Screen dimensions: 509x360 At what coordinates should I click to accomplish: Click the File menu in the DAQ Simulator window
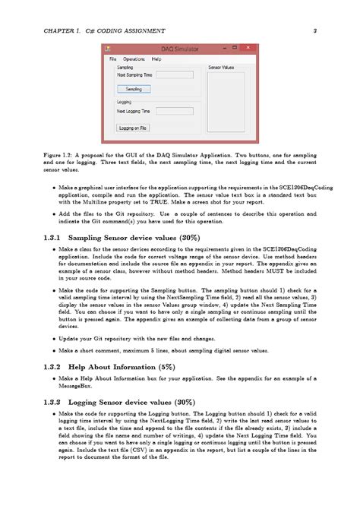[x=112, y=58]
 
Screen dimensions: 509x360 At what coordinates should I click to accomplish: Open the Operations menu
[x=134, y=58]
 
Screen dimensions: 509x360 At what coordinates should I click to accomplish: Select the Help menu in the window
[x=156, y=58]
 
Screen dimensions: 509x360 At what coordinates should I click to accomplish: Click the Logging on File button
[x=133, y=128]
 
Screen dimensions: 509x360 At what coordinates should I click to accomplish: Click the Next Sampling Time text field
[x=175, y=75]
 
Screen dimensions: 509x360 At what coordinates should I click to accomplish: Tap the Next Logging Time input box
[x=175, y=111]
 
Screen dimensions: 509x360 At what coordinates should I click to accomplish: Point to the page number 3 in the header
[x=314, y=31]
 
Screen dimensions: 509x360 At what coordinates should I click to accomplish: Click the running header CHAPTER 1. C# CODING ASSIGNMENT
[x=90, y=31]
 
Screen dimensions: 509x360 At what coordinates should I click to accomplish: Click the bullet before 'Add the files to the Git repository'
[x=52, y=215]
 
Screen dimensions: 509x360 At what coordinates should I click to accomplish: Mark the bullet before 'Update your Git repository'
[x=52, y=337]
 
